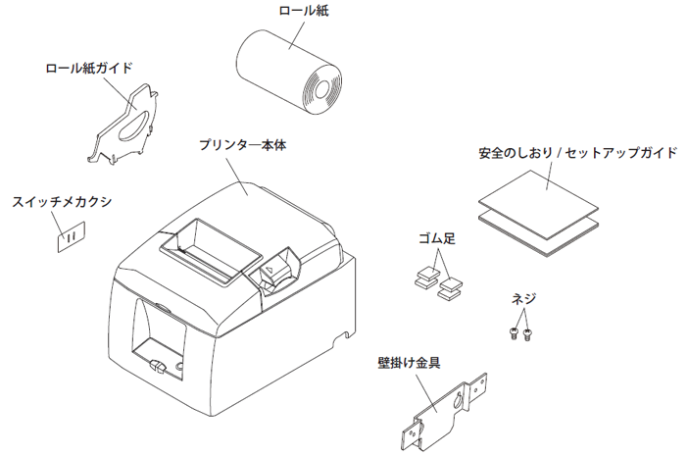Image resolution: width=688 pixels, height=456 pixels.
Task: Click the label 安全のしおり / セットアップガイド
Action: pyautogui.click(x=576, y=154)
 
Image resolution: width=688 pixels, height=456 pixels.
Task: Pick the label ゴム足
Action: pyautogui.click(x=436, y=238)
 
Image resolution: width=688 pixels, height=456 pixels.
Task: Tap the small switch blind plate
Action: pyautogui.click(x=70, y=236)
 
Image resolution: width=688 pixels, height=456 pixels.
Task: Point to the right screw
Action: pyautogui.click(x=529, y=334)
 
